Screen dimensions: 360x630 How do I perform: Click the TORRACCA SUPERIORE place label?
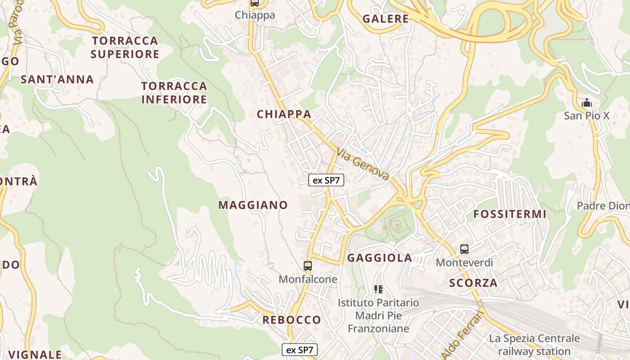[x=125, y=47]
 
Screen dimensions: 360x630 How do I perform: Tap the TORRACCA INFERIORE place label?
[x=174, y=93]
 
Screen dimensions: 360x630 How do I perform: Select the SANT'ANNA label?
[x=57, y=80]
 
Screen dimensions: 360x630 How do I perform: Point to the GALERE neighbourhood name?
[x=386, y=19]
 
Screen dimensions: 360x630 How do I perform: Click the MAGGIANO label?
[x=253, y=205]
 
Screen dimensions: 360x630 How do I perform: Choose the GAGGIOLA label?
[x=380, y=258]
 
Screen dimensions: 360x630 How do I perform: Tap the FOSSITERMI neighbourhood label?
[x=510, y=214]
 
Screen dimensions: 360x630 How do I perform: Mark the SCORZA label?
[x=473, y=283]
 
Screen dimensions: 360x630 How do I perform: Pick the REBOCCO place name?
[x=292, y=320]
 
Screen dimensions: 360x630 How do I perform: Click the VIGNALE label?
[x=35, y=355]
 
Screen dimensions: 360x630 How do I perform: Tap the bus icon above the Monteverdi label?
[x=464, y=249]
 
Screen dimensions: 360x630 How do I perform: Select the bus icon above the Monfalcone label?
[x=308, y=266]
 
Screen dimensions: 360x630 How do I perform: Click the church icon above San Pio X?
[x=586, y=103]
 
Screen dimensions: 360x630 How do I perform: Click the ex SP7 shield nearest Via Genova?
[x=326, y=180]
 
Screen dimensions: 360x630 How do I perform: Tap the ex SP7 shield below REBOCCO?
[x=300, y=350]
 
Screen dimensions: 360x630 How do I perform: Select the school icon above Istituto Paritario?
[x=378, y=289]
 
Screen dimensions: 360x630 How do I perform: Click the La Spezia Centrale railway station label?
[x=535, y=345]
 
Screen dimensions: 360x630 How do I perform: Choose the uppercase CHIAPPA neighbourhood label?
[x=284, y=114]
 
